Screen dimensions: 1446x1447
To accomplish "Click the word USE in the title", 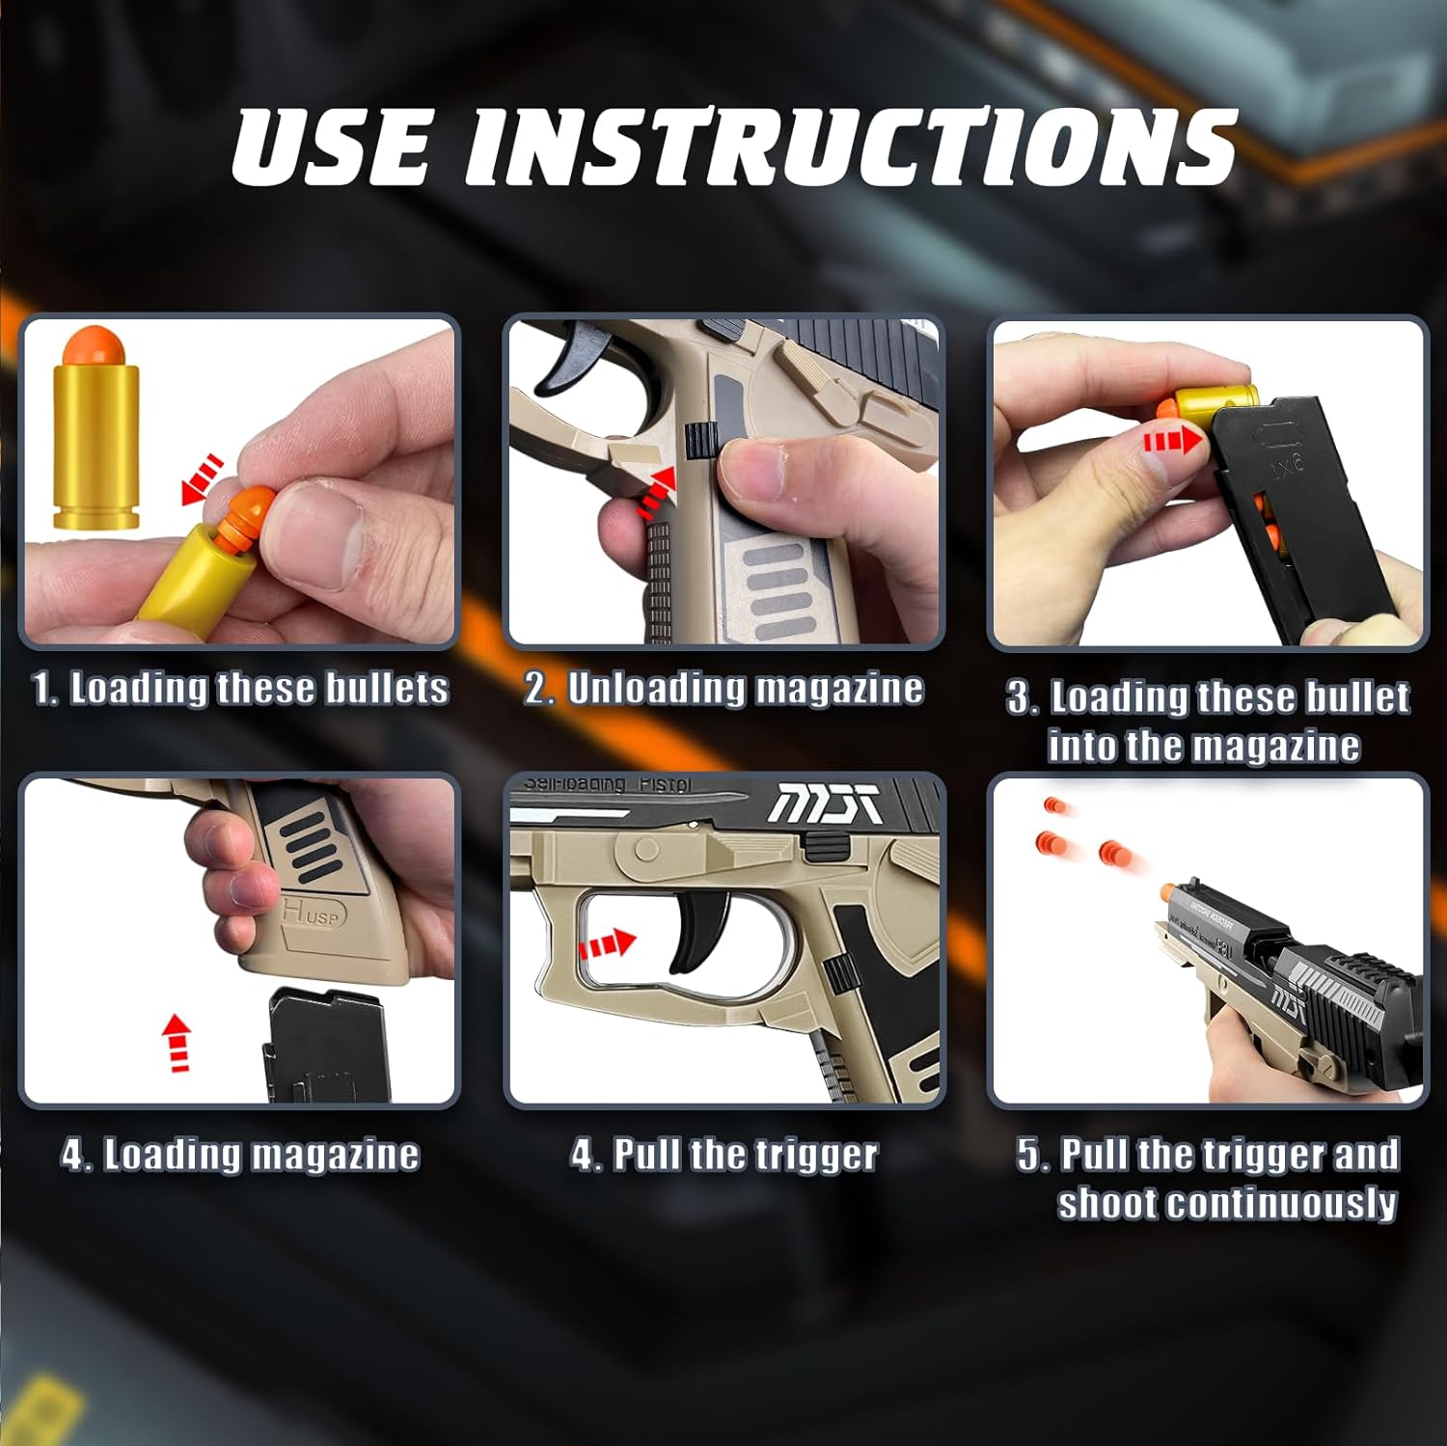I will point(330,147).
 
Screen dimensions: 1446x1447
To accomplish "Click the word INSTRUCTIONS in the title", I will point(849,147).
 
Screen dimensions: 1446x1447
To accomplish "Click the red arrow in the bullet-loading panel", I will point(204,478).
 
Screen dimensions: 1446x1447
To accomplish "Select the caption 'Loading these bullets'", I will point(259,689).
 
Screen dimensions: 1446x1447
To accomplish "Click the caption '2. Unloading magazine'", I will point(723,689).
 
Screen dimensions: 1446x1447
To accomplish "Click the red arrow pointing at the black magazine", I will point(1172,442).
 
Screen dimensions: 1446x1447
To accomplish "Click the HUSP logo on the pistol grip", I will point(311,913).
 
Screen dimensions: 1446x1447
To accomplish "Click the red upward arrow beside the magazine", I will point(177,1042).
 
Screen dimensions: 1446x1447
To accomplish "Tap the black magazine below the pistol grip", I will point(325,1048).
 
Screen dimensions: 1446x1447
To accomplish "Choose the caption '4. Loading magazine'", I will point(240,1155).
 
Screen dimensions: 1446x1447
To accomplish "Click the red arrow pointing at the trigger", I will point(607,942).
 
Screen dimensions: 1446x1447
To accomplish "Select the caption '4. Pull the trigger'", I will point(723,1155).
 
